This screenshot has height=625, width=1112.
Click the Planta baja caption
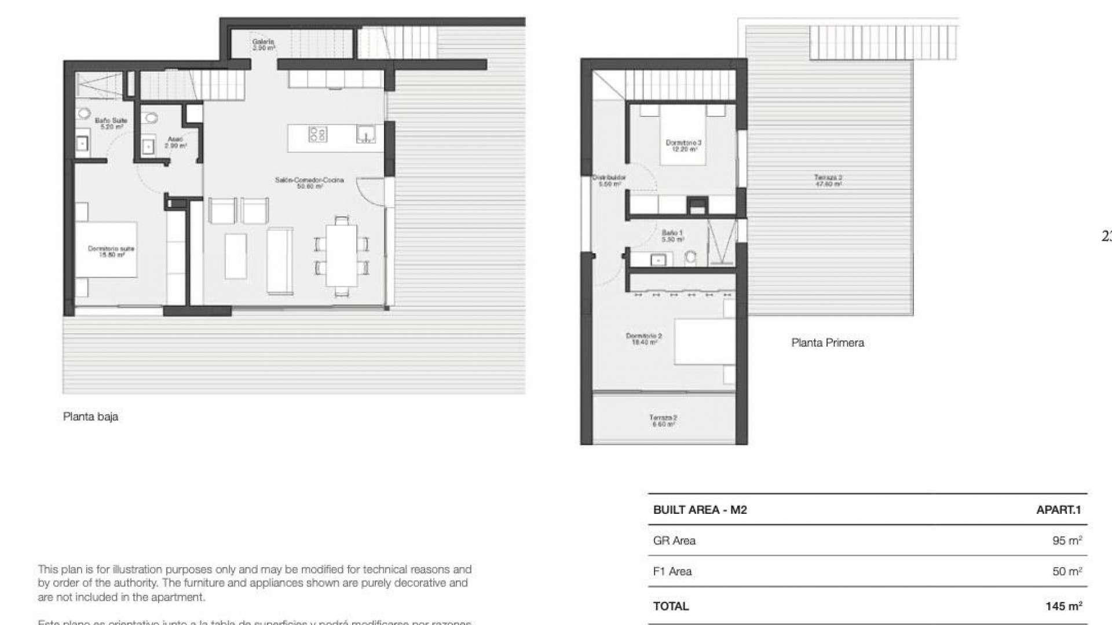pyautogui.click(x=91, y=417)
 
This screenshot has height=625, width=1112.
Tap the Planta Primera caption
pyautogui.click(x=828, y=343)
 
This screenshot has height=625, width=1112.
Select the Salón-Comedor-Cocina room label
pyautogui.click(x=309, y=183)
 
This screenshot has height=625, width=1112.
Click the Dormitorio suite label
pyautogui.click(x=111, y=251)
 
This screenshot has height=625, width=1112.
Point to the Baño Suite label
pyautogui.click(x=111, y=123)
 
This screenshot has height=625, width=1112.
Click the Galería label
pyautogui.click(x=263, y=45)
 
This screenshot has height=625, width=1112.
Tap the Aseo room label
pyautogui.click(x=175, y=142)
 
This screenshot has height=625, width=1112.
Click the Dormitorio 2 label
pyautogui.click(x=644, y=339)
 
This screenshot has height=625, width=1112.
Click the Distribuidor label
pyautogui.click(x=609, y=181)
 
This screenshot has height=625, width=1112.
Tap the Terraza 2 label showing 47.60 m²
pyautogui.click(x=828, y=181)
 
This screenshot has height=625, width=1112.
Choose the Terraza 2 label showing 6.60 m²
pyautogui.click(x=663, y=420)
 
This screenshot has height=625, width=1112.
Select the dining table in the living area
pyautogui.click(x=342, y=255)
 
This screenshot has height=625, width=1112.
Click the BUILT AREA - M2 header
pyautogui.click(x=700, y=510)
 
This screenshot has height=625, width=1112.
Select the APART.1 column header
pyautogui.click(x=1059, y=510)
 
